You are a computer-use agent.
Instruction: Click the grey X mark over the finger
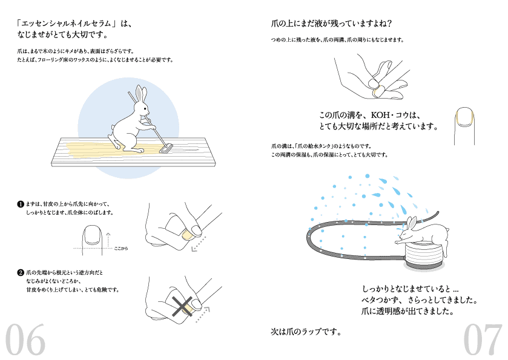click(180, 307)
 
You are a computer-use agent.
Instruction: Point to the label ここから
click(121, 249)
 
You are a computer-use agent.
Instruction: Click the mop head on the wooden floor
click(166, 147)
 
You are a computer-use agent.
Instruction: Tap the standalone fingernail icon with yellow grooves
click(465, 119)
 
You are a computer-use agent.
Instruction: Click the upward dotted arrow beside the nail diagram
click(108, 237)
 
